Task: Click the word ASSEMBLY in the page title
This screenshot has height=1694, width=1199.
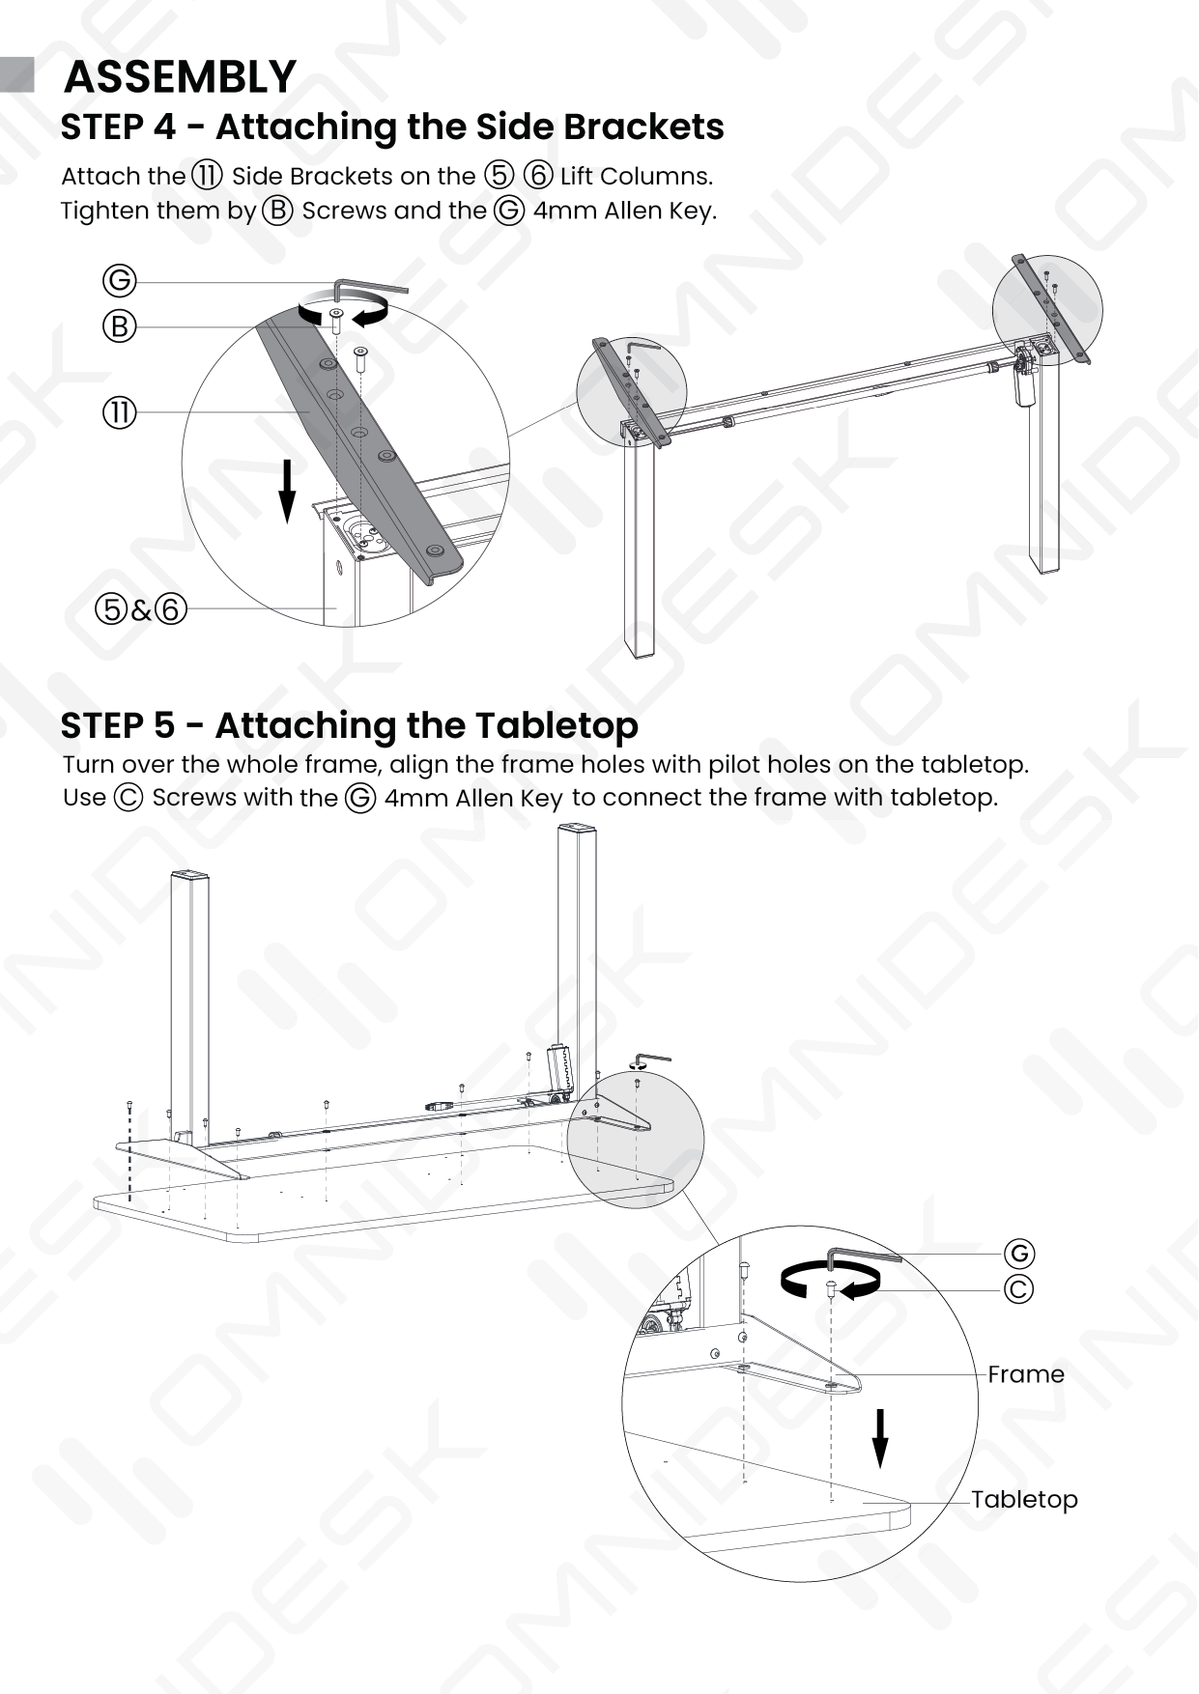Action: pyautogui.click(x=180, y=76)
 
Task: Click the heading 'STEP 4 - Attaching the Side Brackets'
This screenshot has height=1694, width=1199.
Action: pyautogui.click(x=392, y=127)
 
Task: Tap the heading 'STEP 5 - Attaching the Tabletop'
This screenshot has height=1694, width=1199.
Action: pyautogui.click(x=350, y=725)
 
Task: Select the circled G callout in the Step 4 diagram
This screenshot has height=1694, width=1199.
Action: pyautogui.click(x=120, y=281)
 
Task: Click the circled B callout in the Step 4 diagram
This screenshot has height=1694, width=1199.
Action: pyautogui.click(x=120, y=326)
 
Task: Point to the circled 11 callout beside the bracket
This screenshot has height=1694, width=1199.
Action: pyautogui.click(x=120, y=412)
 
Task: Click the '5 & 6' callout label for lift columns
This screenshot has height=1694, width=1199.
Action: pyautogui.click(x=141, y=609)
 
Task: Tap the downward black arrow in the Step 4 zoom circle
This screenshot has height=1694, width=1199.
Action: pyautogui.click(x=287, y=491)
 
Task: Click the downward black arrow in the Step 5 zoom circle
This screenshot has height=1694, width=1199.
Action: pyautogui.click(x=879, y=1438)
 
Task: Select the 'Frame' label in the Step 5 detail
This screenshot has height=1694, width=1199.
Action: pyautogui.click(x=1025, y=1374)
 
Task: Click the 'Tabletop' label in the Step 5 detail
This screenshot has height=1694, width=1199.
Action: pyautogui.click(x=1024, y=1500)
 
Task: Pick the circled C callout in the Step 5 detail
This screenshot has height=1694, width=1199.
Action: pyautogui.click(x=1018, y=1289)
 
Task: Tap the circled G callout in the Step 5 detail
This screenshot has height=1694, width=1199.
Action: pyautogui.click(x=1018, y=1254)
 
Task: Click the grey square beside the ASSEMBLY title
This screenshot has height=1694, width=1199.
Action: pyautogui.click(x=17, y=74)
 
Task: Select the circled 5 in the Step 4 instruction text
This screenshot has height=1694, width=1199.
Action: pyautogui.click(x=500, y=175)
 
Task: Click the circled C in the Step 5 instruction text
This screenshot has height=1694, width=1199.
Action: pyautogui.click(x=128, y=798)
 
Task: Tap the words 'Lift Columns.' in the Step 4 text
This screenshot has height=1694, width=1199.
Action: pyautogui.click(x=637, y=176)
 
